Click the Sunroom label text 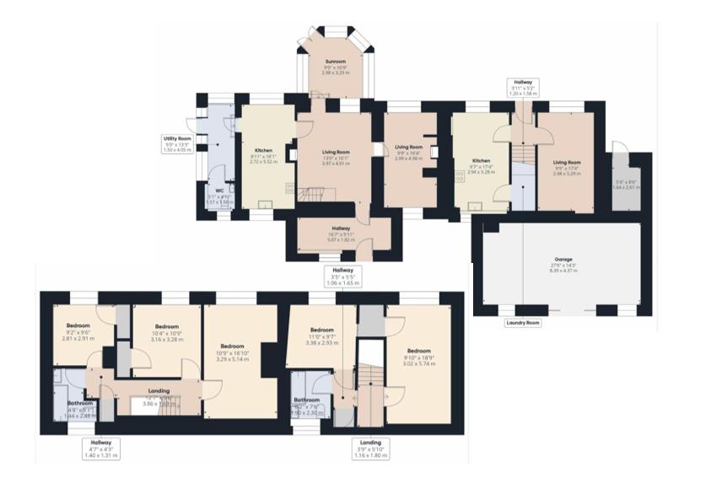pyautogui.click(x=336, y=62)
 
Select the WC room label pyautogui.click(x=218, y=191)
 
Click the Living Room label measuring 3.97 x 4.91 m pyautogui.click(x=336, y=153)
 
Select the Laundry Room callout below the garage pyautogui.click(x=521, y=323)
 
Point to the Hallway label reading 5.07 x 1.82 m pyautogui.click(x=341, y=228)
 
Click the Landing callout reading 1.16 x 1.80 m pyautogui.click(x=369, y=442)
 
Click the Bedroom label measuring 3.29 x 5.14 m pyautogui.click(x=233, y=346)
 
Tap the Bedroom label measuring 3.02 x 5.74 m pyautogui.click(x=419, y=351)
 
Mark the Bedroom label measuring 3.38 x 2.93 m pyautogui.click(x=323, y=330)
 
